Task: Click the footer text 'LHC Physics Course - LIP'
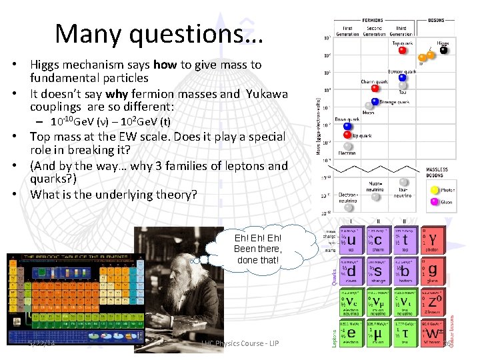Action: [239, 343]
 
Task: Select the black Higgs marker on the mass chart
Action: [443, 49]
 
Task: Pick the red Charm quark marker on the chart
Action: [375, 88]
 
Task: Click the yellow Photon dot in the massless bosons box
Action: [435, 189]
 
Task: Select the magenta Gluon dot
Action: [435, 201]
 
